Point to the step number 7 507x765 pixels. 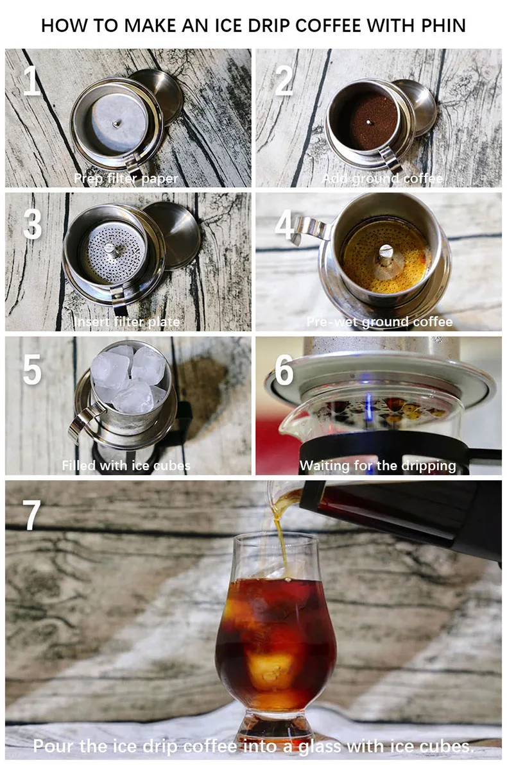[31, 515]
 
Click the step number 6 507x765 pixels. [284, 370]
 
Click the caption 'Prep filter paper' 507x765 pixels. [126, 178]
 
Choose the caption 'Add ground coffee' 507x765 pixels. [382, 178]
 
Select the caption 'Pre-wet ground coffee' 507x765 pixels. [379, 322]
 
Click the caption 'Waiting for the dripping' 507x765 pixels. [377, 466]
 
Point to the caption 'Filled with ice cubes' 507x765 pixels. [126, 466]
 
